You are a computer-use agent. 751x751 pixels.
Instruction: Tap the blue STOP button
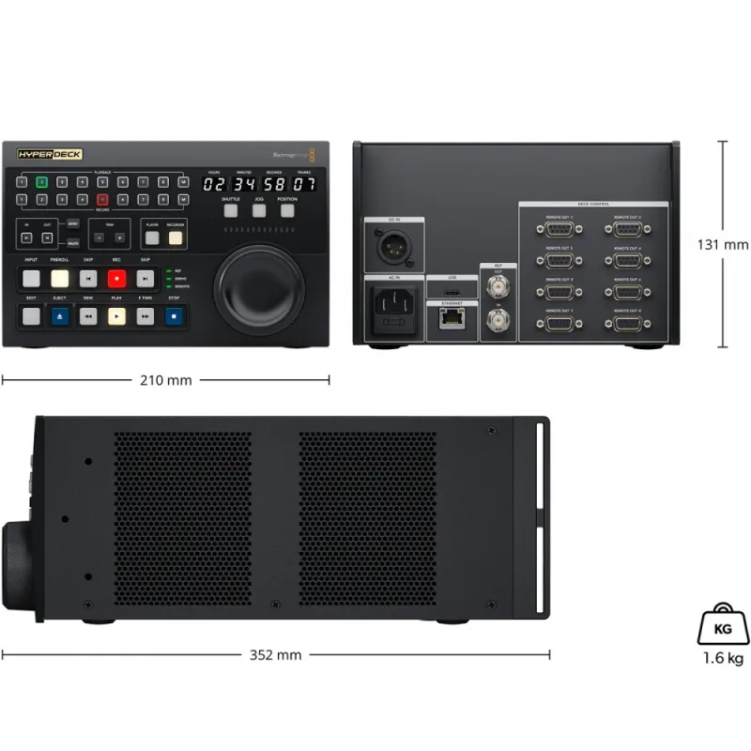coord(174,317)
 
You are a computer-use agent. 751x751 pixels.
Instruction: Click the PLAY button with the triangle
coord(116,317)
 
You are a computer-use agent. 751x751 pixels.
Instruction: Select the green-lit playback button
coord(41,181)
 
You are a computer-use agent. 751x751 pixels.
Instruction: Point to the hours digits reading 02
coord(214,184)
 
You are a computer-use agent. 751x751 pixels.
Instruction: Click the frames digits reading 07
coord(303,184)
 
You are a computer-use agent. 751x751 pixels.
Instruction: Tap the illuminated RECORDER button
coord(175,238)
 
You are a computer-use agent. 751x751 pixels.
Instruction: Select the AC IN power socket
coord(394,307)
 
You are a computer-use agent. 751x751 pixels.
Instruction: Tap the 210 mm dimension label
coord(166,380)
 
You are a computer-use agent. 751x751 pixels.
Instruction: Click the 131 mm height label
coord(722,244)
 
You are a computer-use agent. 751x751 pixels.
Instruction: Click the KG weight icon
coord(722,624)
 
